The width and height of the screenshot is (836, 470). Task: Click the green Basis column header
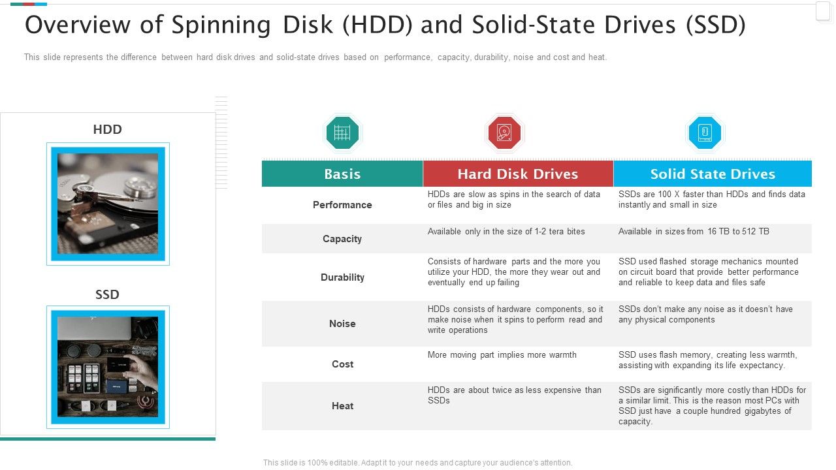342,174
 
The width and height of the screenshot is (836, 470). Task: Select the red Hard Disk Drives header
517,174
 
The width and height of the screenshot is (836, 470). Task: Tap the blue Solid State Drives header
713,174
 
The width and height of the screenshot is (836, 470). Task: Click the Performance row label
342,205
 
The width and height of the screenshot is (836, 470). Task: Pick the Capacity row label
342,239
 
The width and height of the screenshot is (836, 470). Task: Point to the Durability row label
342,277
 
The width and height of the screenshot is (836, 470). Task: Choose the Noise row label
342,324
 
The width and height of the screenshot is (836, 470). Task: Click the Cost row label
342,364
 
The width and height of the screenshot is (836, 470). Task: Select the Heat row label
342,406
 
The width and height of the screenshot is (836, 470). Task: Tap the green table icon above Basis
342,133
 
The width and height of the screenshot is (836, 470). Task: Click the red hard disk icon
504,133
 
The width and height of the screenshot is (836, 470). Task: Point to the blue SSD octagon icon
705,133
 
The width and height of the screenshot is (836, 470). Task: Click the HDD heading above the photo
108,129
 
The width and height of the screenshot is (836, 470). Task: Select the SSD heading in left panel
108,294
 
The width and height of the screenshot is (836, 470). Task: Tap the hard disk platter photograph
108,204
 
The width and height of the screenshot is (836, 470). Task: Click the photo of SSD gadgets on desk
108,366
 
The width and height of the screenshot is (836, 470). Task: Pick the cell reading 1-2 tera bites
506,232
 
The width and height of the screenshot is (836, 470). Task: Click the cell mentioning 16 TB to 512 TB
694,232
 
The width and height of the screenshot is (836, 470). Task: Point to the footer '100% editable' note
417,463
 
